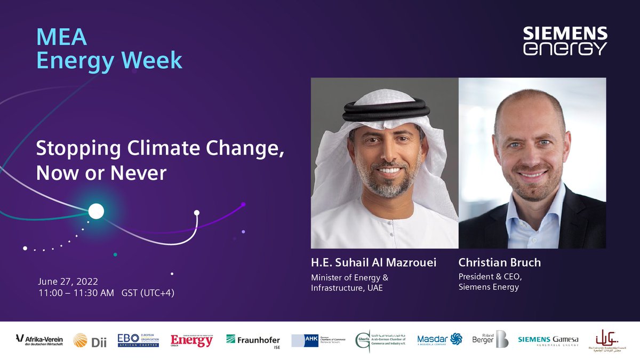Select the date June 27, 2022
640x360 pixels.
coord(68,281)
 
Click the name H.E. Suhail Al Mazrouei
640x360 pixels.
coord(373,263)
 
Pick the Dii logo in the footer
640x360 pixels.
coord(90,340)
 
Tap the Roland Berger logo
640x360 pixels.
coord(490,339)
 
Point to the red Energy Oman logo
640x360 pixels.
coord(191,340)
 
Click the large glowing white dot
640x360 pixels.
coord(96,211)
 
